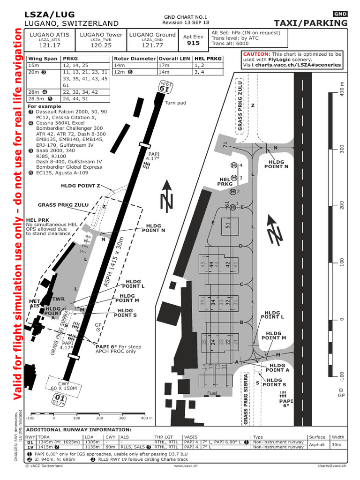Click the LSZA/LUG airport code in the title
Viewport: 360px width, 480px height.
(49, 15)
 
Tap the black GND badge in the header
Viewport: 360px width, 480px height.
(340, 14)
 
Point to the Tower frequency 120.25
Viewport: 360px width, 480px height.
(101, 46)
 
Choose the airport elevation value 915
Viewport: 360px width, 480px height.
(193, 43)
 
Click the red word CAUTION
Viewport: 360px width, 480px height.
(256, 54)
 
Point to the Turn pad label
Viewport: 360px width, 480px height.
(176, 103)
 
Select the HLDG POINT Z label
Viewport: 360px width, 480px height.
(81, 186)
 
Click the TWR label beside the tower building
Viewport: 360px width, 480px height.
(59, 299)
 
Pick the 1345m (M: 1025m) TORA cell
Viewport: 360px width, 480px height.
(59, 442)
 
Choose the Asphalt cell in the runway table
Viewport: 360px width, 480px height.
(317, 444)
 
